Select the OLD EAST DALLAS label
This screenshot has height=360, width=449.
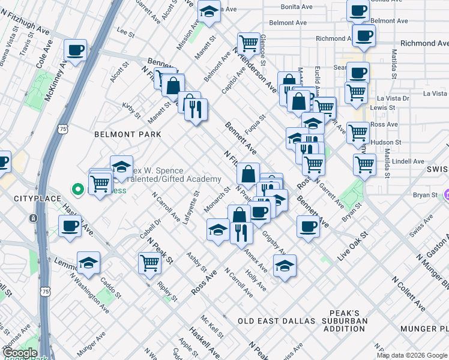tap(276, 321)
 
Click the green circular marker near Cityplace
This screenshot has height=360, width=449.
tap(77, 190)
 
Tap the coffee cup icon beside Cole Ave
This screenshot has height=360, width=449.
tap(76, 51)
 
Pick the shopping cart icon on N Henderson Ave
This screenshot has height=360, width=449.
tap(248, 43)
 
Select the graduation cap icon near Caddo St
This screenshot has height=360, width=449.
tap(89, 263)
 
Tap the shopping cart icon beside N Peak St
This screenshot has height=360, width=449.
tap(149, 263)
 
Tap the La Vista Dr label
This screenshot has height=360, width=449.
tap(392, 98)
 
